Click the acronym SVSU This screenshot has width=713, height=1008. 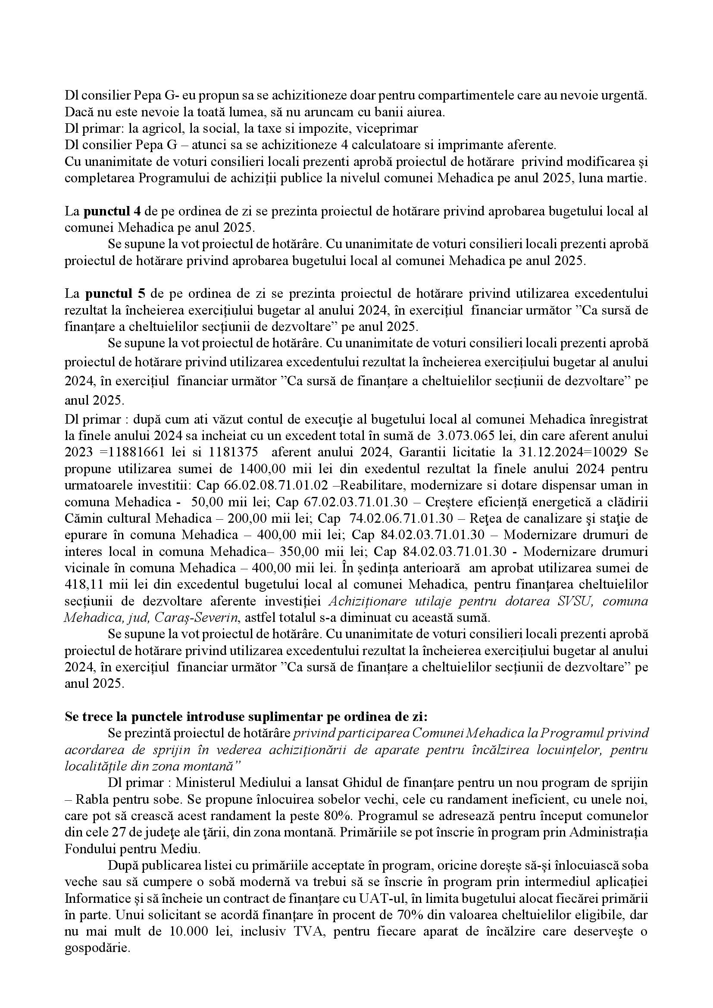pos(573,601)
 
